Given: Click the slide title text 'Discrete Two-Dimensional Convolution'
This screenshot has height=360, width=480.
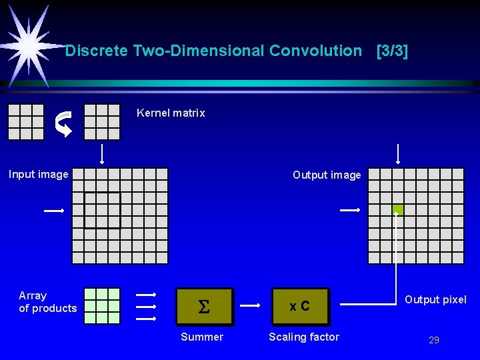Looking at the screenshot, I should pyautogui.click(x=213, y=51).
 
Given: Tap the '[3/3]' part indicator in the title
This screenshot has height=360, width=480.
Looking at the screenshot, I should pyautogui.click(x=392, y=51).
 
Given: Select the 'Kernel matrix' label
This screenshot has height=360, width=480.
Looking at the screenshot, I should pyautogui.click(x=171, y=113).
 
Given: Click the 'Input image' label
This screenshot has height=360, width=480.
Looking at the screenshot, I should pyautogui.click(x=39, y=175).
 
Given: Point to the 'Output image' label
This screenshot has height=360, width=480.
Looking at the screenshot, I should pyautogui.click(x=327, y=175).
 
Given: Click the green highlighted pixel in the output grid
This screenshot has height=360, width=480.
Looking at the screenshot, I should pyautogui.click(x=398, y=210).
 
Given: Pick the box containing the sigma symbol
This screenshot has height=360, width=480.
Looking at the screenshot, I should pyautogui.click(x=205, y=307).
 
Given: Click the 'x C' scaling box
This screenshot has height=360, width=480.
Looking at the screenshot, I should pyautogui.click(x=300, y=307).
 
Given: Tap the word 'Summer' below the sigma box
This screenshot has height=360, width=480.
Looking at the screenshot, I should pyautogui.click(x=202, y=337).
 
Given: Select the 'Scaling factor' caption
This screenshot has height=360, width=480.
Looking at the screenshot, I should pyautogui.click(x=304, y=337).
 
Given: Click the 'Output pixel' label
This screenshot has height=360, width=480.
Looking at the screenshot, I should pyautogui.click(x=435, y=300).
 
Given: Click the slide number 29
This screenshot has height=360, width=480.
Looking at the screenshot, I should pyautogui.click(x=434, y=341).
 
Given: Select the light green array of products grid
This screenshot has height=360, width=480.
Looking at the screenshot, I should pyautogui.click(x=102, y=306).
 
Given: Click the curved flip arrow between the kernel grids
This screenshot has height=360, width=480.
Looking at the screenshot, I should pyautogui.click(x=63, y=123).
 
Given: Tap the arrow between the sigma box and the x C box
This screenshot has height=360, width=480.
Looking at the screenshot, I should pyautogui.click(x=250, y=306).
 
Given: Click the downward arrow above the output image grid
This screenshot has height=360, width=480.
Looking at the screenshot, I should pyautogui.click(x=398, y=153).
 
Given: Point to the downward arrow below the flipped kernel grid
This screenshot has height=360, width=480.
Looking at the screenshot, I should pyautogui.click(x=102, y=153).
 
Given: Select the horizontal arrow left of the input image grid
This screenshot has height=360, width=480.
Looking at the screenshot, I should pyautogui.click(x=54, y=211).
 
